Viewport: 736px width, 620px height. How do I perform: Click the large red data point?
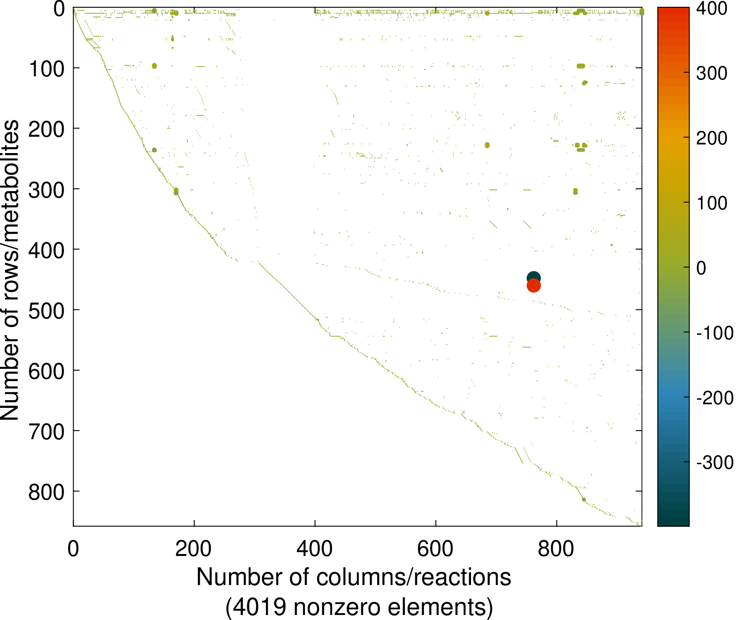click(534, 286)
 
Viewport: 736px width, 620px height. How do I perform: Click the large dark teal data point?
click(534, 278)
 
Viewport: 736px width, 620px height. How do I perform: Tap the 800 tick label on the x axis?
click(556, 549)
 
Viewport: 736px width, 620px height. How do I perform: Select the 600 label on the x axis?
click(435, 549)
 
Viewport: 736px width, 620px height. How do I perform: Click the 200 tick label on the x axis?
click(194, 549)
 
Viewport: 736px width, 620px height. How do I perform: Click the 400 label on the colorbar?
click(711, 9)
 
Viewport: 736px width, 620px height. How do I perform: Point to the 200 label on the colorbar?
click(711, 138)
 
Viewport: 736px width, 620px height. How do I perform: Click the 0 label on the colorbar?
click(701, 268)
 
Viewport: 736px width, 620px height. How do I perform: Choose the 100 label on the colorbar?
click(711, 203)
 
